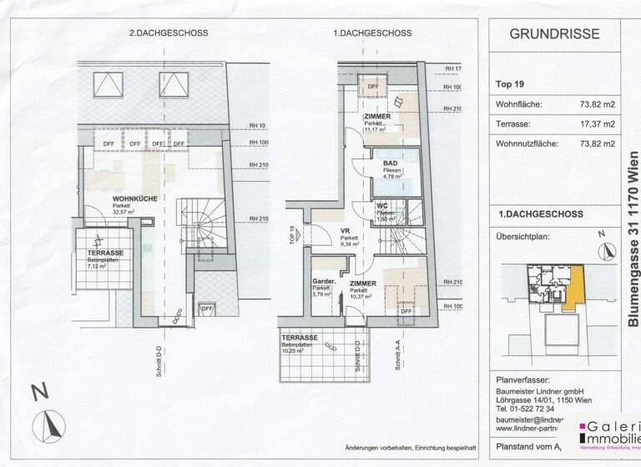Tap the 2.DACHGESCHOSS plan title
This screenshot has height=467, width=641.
(x=168, y=33)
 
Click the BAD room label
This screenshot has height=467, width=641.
(x=390, y=164)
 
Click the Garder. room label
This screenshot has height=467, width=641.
(x=323, y=284)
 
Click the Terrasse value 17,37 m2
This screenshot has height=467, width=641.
(x=598, y=124)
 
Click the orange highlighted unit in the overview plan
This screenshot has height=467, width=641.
(x=572, y=286)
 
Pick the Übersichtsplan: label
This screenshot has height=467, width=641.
(x=524, y=236)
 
